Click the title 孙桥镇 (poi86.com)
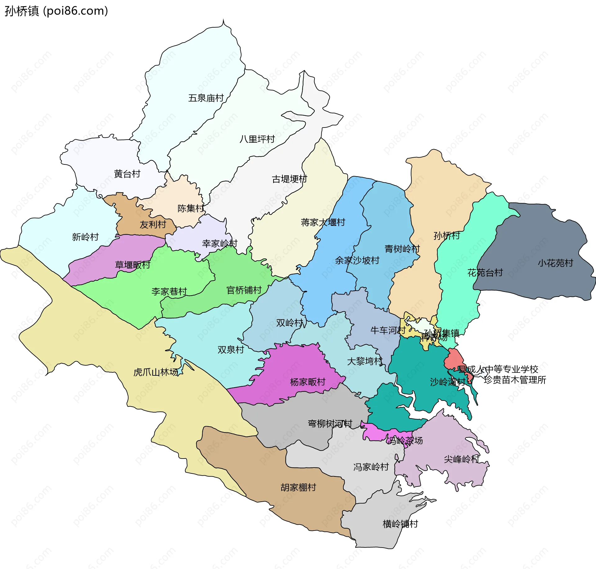tap(56, 11)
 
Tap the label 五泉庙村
tap(206, 98)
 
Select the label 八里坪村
tap(257, 139)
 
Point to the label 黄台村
tap(127, 174)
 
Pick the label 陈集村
tap(190, 208)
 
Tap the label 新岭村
tap(85, 237)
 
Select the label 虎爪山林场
tap(156, 372)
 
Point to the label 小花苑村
tap(555, 263)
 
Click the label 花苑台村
tap(485, 273)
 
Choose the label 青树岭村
tap(402, 249)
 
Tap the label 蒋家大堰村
tap(323, 222)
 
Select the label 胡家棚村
tap(298, 487)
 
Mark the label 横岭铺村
tap(400, 524)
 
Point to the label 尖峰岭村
tap(462, 459)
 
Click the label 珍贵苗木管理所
tap(515, 380)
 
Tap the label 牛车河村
tap(388, 330)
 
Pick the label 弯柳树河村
tap(330, 423)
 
